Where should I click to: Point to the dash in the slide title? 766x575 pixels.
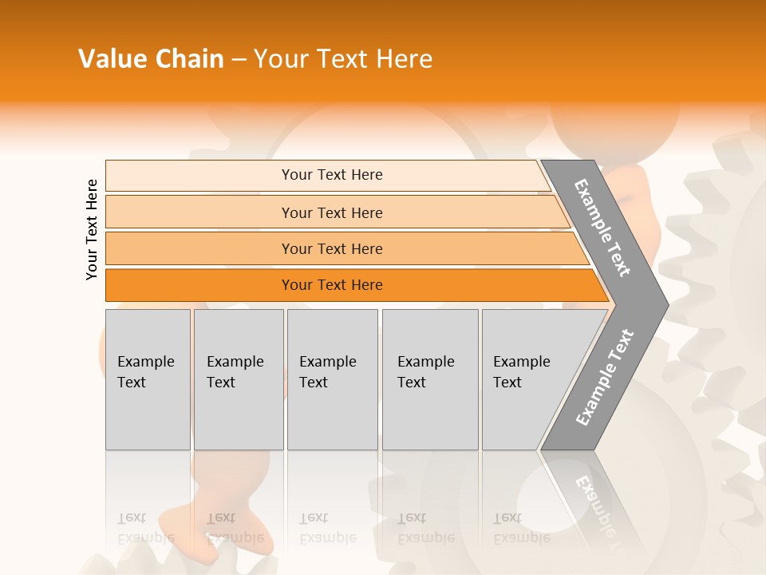239,60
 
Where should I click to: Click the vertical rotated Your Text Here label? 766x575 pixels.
92,229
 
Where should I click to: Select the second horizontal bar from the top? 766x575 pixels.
331,212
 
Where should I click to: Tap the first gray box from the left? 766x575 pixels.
148,379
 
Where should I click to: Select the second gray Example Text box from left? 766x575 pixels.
239,379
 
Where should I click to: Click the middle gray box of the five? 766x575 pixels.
332,379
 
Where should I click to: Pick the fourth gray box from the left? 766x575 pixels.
430,379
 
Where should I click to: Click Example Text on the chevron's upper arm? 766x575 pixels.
602,228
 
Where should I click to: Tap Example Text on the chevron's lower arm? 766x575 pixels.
604,377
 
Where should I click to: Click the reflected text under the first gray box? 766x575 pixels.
145,528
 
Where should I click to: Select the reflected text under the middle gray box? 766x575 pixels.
327,528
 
